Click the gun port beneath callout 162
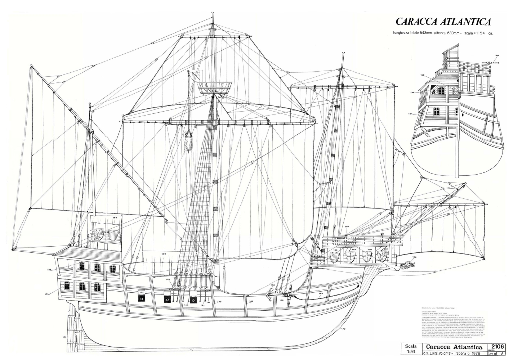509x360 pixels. [142, 298]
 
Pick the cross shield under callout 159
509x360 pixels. [350, 257]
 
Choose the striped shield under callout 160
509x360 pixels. [335, 257]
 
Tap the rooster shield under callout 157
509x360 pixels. [381, 257]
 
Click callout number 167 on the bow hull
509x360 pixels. [321, 294]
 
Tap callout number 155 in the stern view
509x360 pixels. [423, 75]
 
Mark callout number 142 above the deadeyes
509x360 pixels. [168, 280]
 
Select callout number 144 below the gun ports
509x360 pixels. [186, 305]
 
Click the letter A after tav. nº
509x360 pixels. [502, 355]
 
